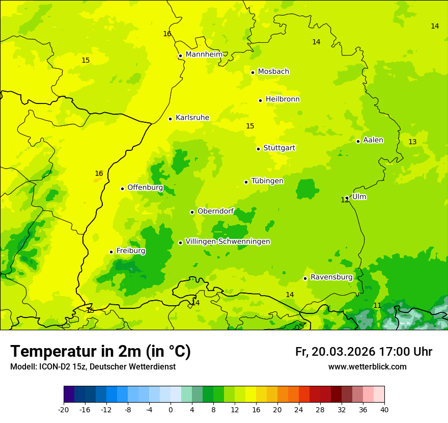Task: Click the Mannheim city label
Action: [x=204, y=55]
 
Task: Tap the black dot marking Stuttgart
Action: [x=259, y=149]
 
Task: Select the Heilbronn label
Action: [x=283, y=99]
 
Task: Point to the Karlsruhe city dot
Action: [x=171, y=119]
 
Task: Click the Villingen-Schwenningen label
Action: [x=228, y=242]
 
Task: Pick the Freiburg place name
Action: [x=131, y=251]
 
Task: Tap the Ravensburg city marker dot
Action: [x=305, y=278]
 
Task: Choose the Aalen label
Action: [x=373, y=140]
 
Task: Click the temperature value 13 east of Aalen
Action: [x=412, y=142]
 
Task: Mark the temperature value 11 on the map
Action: [x=377, y=305]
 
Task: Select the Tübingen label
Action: [x=267, y=181]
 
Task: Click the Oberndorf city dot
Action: [x=192, y=212]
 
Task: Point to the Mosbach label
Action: [x=273, y=72]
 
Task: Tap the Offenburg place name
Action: [x=145, y=188]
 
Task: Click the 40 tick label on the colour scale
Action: [x=384, y=409]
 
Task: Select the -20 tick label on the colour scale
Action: [x=64, y=409]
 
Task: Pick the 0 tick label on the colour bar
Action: [x=171, y=409]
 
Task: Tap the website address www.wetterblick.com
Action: [x=367, y=366]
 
